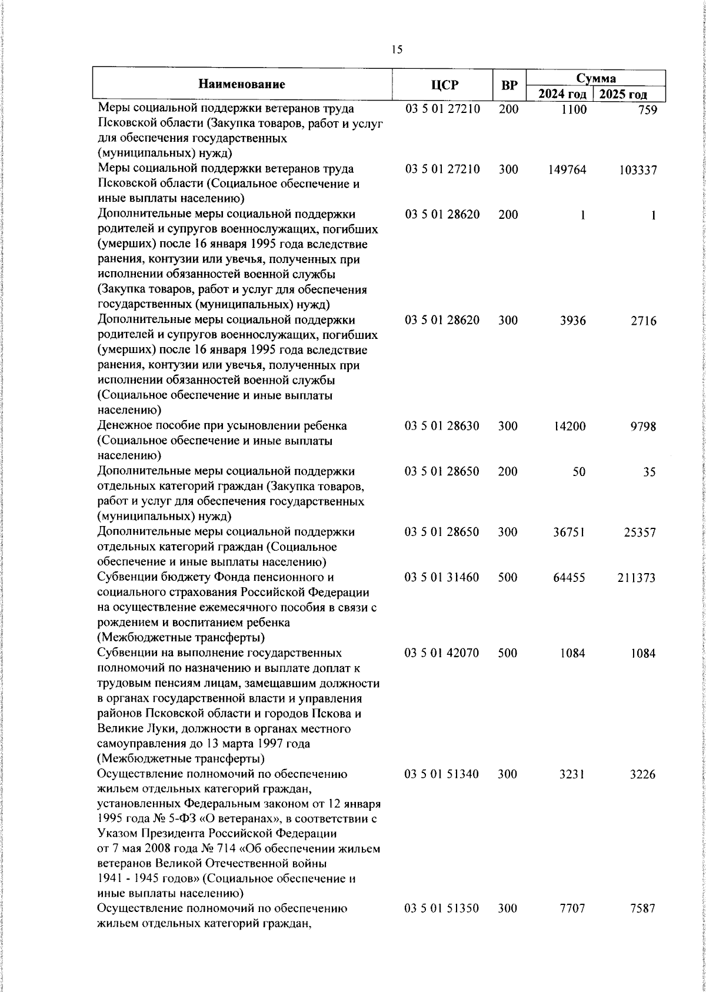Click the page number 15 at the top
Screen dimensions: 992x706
tap(397, 50)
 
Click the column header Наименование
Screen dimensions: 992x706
tap(242, 84)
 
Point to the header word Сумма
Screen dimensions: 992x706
tap(595, 78)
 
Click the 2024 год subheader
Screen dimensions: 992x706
tap(562, 94)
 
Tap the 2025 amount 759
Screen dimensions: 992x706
tap(647, 109)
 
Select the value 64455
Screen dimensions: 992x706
tap(569, 578)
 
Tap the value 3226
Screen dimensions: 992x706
tap(642, 775)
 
